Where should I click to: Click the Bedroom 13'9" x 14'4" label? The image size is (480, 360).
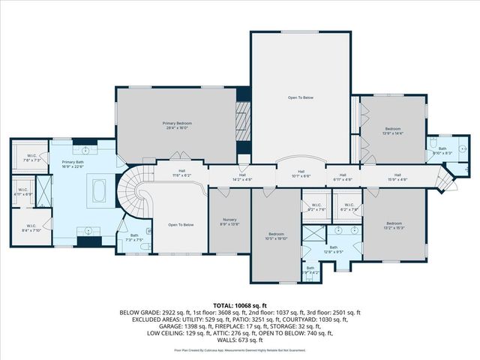[x=393, y=131]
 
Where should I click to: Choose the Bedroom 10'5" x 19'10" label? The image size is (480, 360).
[x=276, y=236]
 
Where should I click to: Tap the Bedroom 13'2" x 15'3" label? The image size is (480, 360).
[x=394, y=225]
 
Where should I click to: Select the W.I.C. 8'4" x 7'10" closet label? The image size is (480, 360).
[x=31, y=228]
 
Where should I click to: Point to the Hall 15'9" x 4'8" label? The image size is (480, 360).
[x=397, y=177]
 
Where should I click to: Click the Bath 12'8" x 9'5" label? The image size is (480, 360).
[x=333, y=249]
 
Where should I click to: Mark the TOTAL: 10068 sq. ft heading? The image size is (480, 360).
[x=239, y=304]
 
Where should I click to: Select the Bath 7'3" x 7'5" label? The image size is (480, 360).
[x=134, y=238]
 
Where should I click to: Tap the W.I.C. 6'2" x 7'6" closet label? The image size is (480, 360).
[x=348, y=207]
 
